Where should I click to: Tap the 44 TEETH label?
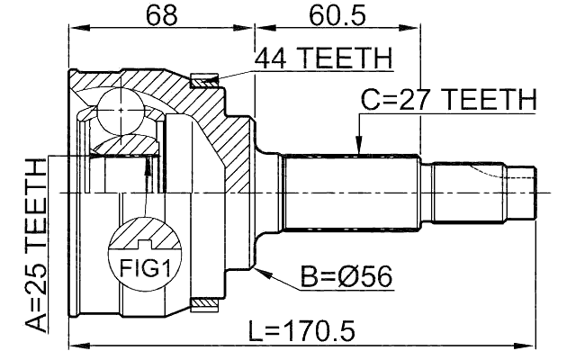(323, 59)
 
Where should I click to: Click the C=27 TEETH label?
(448, 98)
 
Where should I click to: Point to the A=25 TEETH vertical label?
(35, 245)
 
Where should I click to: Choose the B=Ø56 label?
(345, 275)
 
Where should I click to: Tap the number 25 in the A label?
(35, 288)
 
